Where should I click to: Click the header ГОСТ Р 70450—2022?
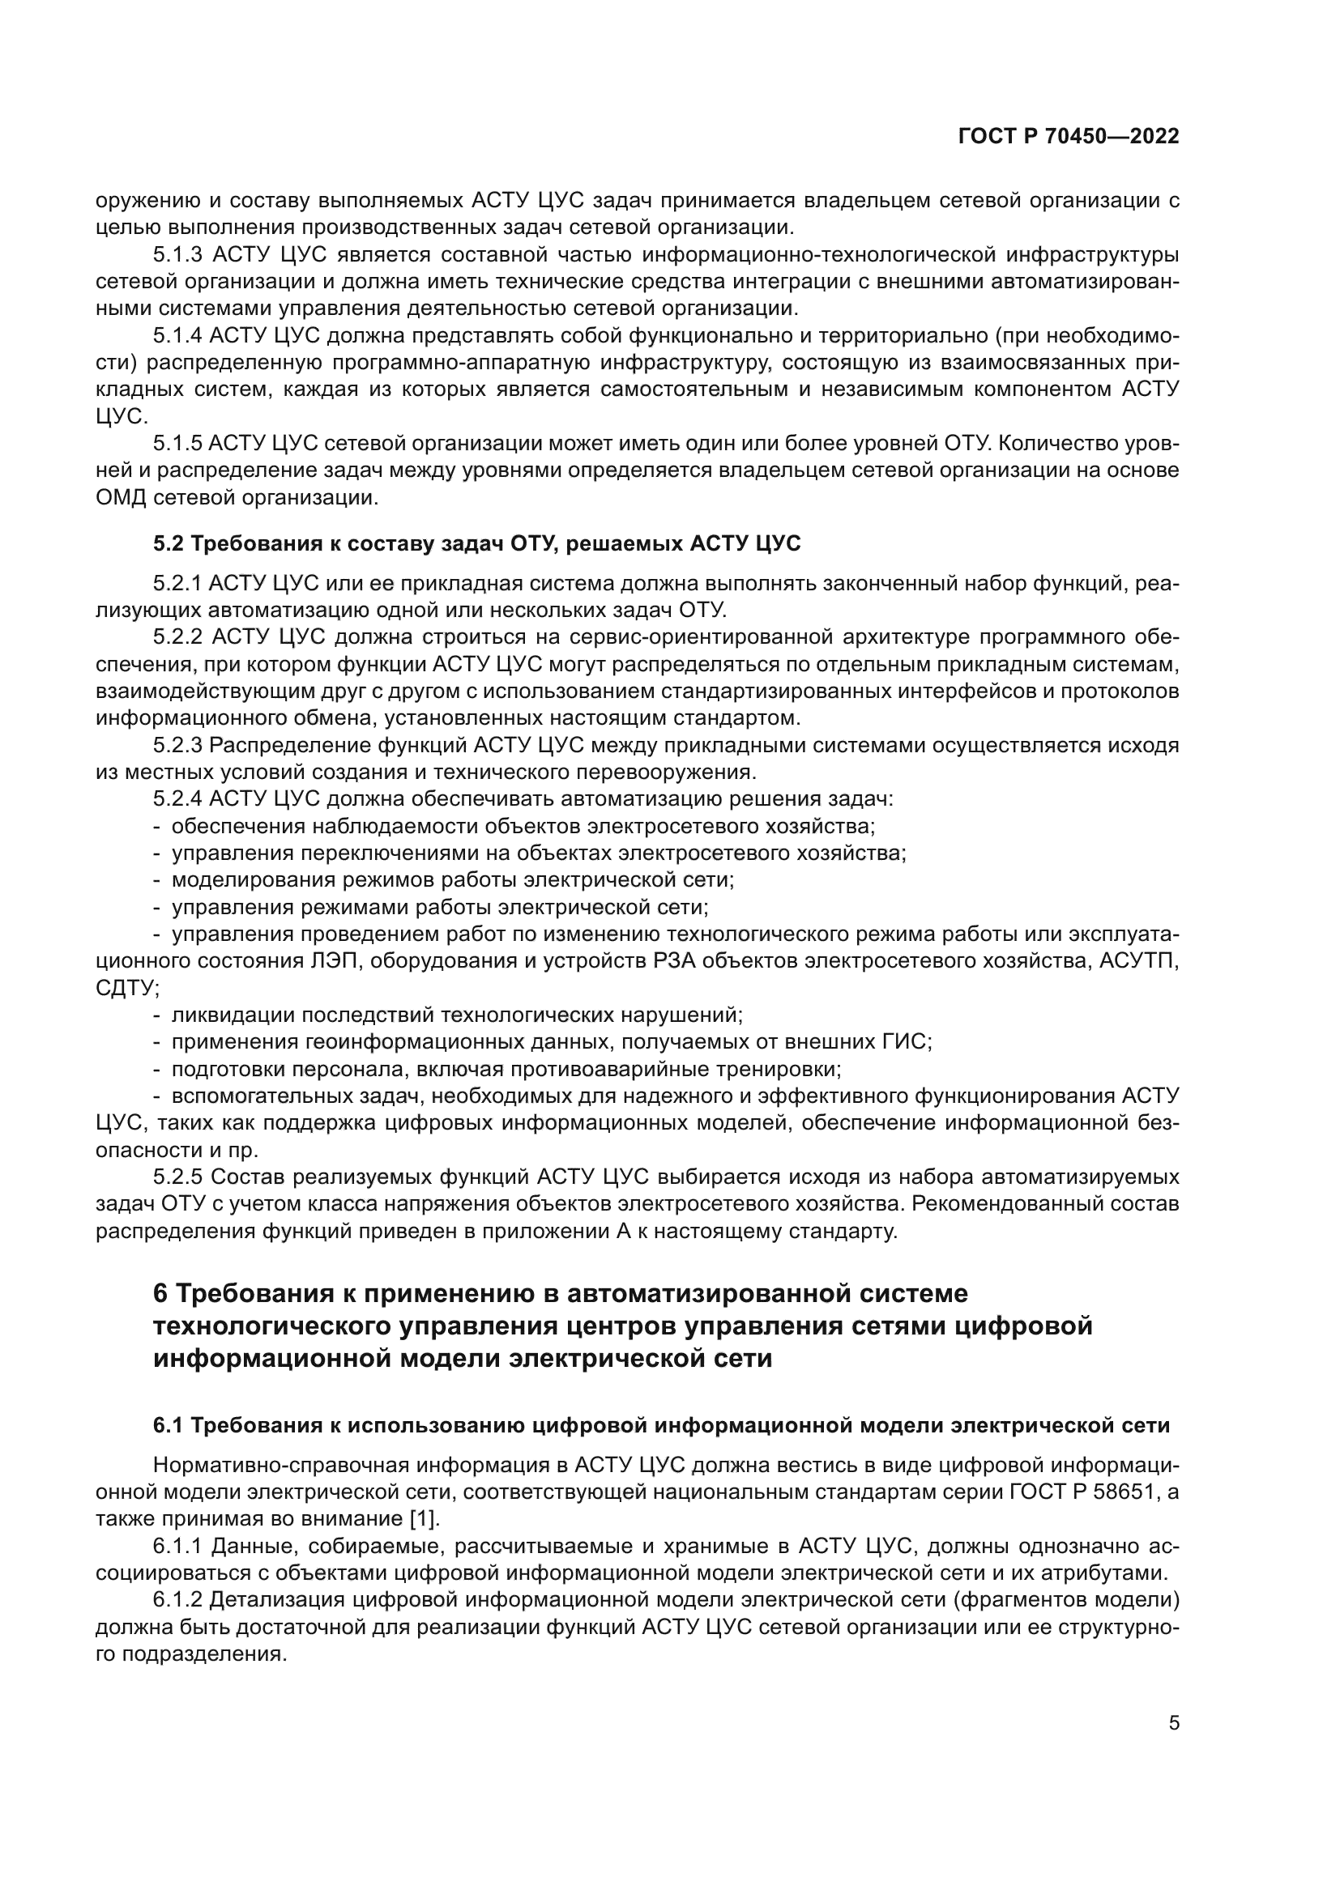pos(1069,137)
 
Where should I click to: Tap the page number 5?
pos(1174,1723)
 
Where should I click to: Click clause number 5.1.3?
pos(177,254)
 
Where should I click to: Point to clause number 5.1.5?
pos(177,443)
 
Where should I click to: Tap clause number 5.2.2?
pos(178,636)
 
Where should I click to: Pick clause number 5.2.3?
pos(177,745)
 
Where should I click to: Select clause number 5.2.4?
pos(177,798)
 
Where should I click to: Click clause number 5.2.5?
pos(177,1177)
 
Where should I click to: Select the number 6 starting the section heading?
pos(161,1292)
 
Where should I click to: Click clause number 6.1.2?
pos(177,1600)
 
